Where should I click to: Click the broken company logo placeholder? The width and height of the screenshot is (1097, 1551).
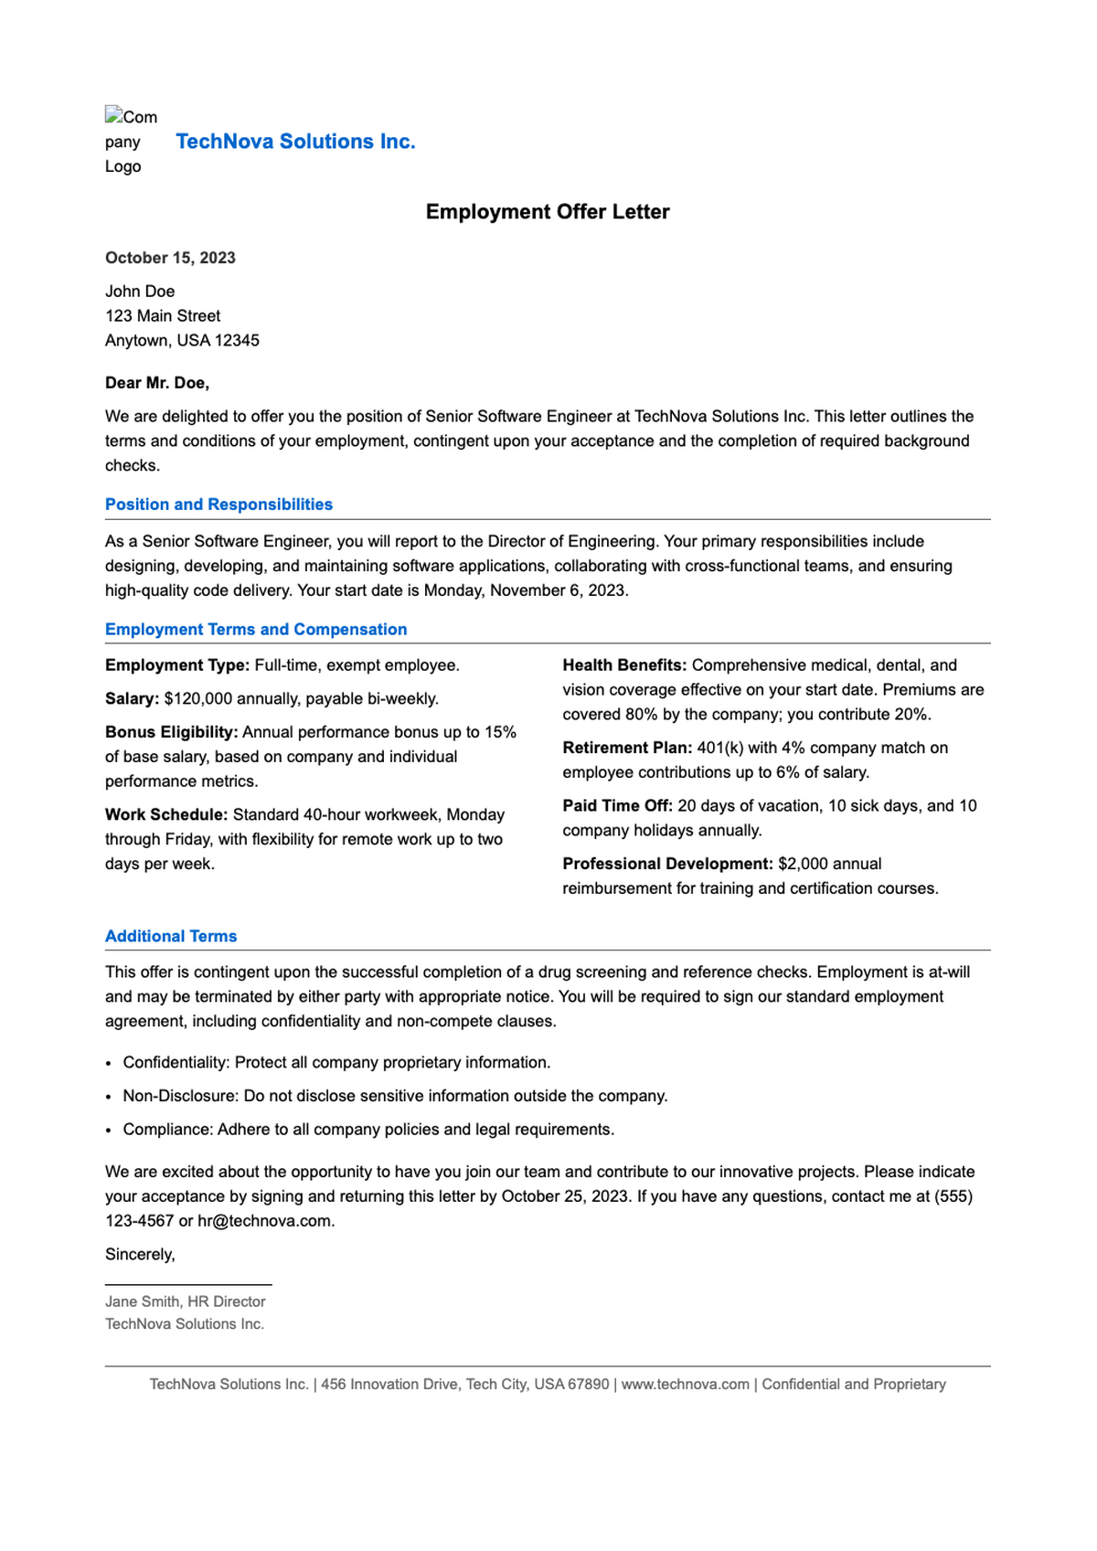point(131,141)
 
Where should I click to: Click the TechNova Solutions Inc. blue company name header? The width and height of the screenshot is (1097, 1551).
point(295,142)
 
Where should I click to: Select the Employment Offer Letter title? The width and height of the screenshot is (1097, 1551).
point(548,212)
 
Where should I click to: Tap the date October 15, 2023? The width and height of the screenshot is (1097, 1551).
point(170,258)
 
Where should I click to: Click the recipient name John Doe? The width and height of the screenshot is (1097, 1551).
point(140,292)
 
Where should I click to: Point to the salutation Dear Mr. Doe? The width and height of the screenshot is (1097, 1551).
point(157,383)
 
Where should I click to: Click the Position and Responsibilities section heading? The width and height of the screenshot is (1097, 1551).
point(218,505)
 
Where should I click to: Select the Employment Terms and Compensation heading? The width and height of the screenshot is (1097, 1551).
point(256,630)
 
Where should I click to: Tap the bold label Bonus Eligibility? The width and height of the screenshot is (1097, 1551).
point(172,732)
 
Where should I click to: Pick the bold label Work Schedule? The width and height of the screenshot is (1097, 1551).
point(166,814)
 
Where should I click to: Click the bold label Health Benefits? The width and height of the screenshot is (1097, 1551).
point(624,665)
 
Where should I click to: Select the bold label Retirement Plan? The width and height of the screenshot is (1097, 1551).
point(627,748)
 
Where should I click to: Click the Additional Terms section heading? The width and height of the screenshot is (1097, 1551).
point(171,937)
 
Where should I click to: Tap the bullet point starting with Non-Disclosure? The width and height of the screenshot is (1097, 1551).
point(395,1096)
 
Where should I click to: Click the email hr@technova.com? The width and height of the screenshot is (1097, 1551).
point(265,1221)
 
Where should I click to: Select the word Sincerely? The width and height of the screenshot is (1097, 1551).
point(140,1255)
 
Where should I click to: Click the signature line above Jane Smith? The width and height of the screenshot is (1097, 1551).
point(188,1285)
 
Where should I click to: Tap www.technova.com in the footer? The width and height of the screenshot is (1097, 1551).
point(685,1385)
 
